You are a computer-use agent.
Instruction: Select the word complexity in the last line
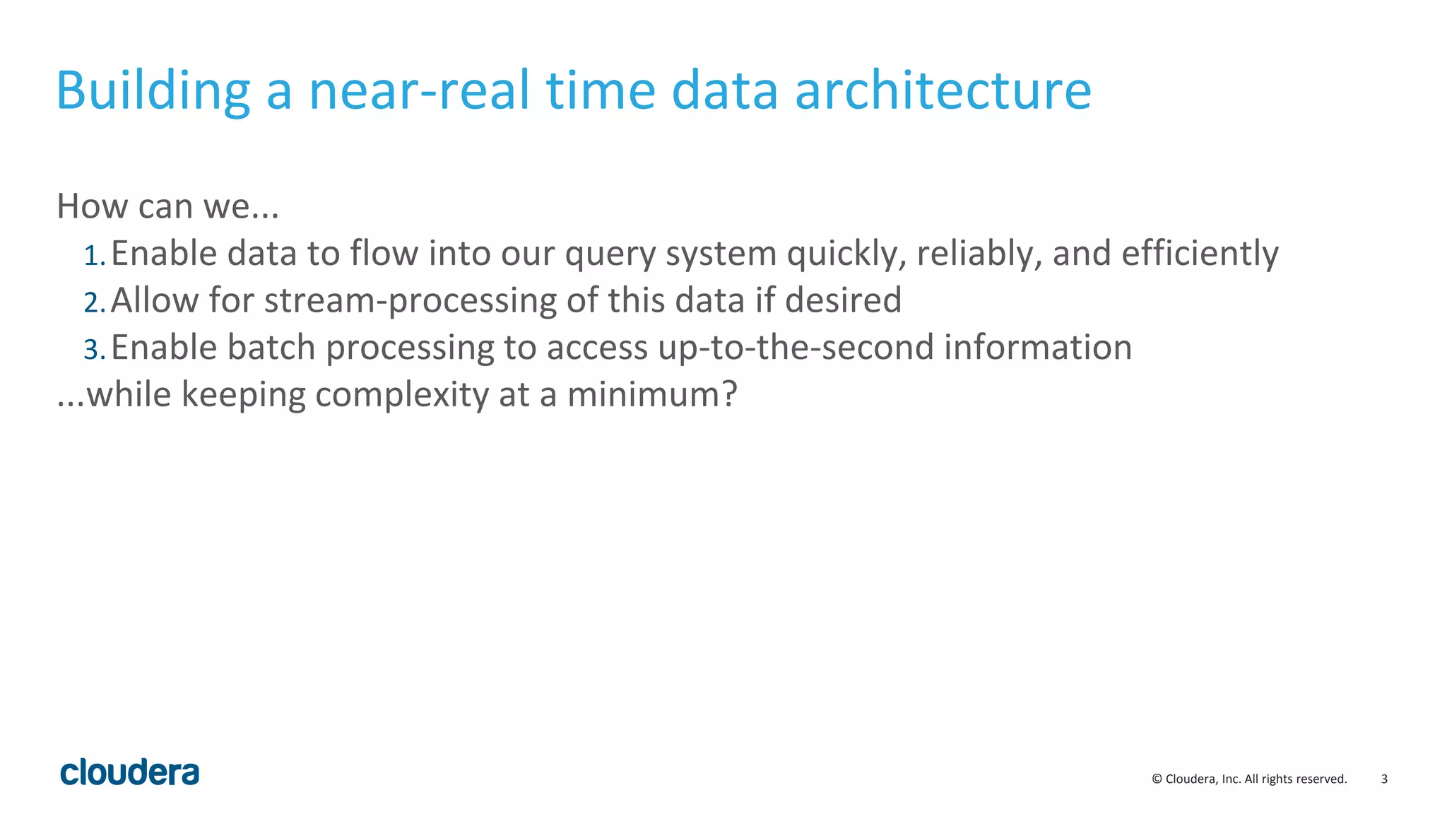[x=401, y=395]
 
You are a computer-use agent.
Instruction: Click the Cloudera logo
[x=130, y=772]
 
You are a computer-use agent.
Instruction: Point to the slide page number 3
[x=1384, y=779]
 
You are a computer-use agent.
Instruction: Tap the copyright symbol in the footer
[x=1157, y=779]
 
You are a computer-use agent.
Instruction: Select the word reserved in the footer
[x=1322, y=779]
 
